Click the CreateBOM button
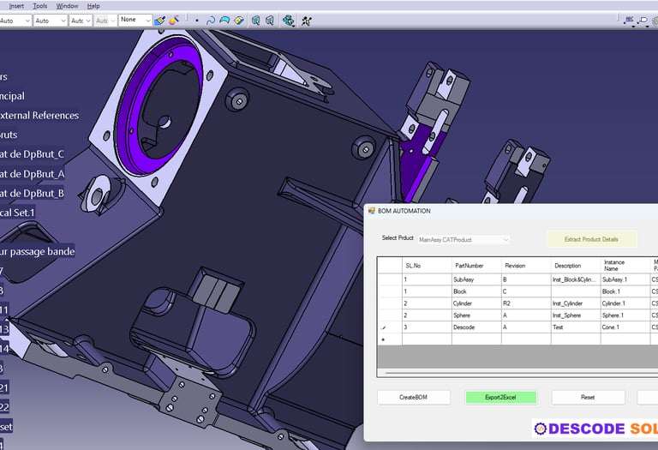[414, 398]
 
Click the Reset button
[588, 398]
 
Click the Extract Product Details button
[592, 239]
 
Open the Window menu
[67, 6]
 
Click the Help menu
[93, 6]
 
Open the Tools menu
[40, 6]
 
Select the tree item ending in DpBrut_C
[33, 154]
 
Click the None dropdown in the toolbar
[135, 20]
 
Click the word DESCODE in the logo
[586, 429]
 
